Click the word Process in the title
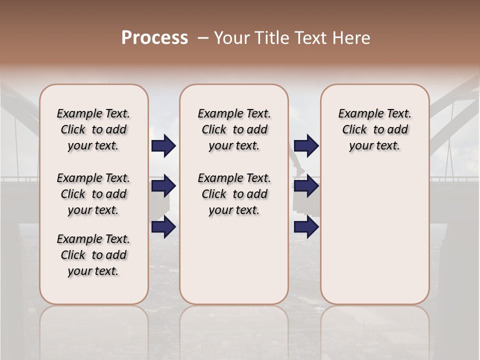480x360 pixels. point(154,38)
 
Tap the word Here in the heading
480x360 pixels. point(352,38)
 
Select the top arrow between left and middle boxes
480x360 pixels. point(163,146)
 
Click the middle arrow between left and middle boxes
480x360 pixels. point(163,186)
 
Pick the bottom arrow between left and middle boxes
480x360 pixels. point(163,227)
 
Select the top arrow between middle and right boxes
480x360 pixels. point(306,146)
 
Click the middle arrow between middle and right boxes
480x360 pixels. point(306,186)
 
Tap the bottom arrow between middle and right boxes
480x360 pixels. point(306,227)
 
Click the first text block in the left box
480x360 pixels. point(93,129)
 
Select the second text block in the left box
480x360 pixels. point(93,194)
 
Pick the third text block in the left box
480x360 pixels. point(93,255)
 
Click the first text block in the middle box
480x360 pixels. point(234,129)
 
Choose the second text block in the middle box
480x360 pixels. point(234,194)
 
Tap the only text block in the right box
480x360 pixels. point(374,129)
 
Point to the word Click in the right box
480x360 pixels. point(354,130)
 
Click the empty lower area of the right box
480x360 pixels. point(374,235)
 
